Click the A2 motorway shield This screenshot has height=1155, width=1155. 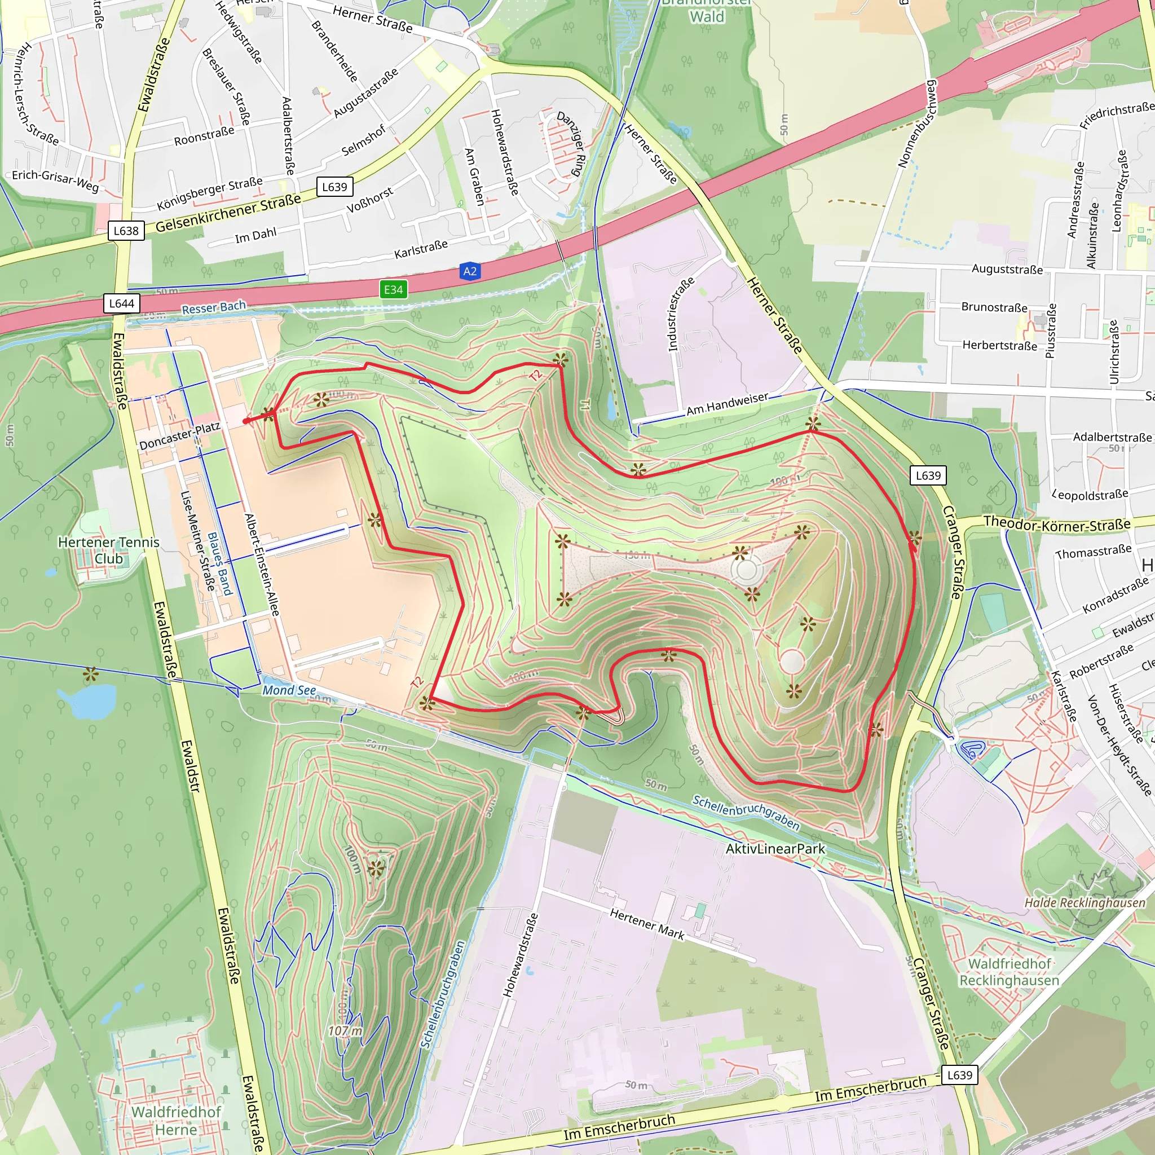[470, 271]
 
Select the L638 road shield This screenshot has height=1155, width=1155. [126, 231]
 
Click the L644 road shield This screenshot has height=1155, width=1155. [121, 304]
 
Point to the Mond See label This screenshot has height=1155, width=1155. [289, 690]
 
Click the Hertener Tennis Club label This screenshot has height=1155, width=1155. [109, 550]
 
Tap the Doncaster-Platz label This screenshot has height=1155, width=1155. [180, 436]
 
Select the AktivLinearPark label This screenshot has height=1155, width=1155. [775, 849]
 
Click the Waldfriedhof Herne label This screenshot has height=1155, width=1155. [176, 1121]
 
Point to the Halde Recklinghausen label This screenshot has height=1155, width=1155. [1085, 903]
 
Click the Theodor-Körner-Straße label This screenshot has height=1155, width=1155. [1057, 524]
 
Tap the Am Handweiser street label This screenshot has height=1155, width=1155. [728, 404]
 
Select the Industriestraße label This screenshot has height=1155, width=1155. [681, 315]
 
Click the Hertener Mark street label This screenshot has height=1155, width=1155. [647, 923]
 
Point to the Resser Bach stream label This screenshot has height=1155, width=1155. [213, 308]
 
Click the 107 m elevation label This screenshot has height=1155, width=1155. [345, 1031]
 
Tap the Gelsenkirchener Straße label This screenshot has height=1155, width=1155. [228, 213]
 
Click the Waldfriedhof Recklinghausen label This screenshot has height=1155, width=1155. [1009, 972]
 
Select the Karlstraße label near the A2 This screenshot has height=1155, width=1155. [421, 249]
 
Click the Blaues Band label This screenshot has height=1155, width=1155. [219, 565]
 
